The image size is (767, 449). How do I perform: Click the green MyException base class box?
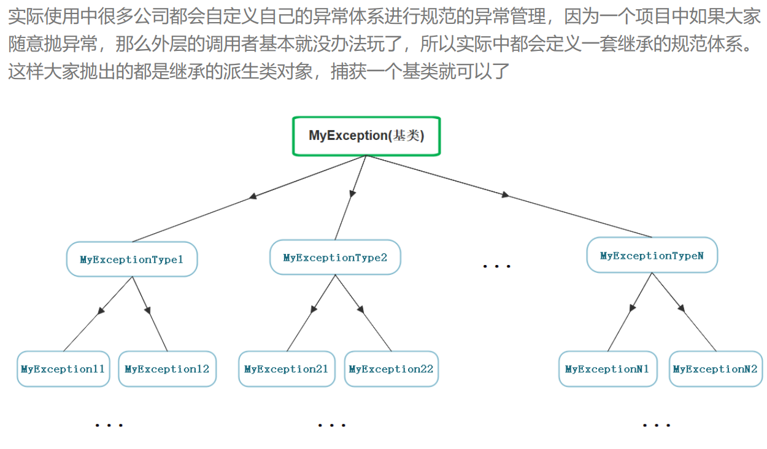pyautogui.click(x=366, y=136)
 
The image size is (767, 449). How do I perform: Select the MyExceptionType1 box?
pyautogui.click(x=132, y=259)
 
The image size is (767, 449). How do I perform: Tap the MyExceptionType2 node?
pyautogui.click(x=335, y=258)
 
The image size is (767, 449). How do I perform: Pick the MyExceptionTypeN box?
pyautogui.click(x=652, y=255)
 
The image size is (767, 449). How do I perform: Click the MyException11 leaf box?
pyautogui.click(x=63, y=369)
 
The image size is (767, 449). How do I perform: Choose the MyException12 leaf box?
pyautogui.click(x=167, y=369)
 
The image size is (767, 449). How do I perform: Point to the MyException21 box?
pyautogui.click(x=287, y=369)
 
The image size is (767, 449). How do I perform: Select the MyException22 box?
pyautogui.click(x=391, y=369)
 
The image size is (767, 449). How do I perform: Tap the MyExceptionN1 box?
pyautogui.click(x=607, y=369)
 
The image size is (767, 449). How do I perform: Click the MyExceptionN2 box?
pyautogui.click(x=715, y=369)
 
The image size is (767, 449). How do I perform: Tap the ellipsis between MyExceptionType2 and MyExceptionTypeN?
pyautogui.click(x=496, y=266)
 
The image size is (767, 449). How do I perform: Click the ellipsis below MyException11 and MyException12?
pyautogui.click(x=109, y=424)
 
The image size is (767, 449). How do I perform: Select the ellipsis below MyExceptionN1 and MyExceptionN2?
pyautogui.click(x=656, y=424)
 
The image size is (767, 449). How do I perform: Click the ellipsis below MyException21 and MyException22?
pyautogui.click(x=332, y=424)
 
